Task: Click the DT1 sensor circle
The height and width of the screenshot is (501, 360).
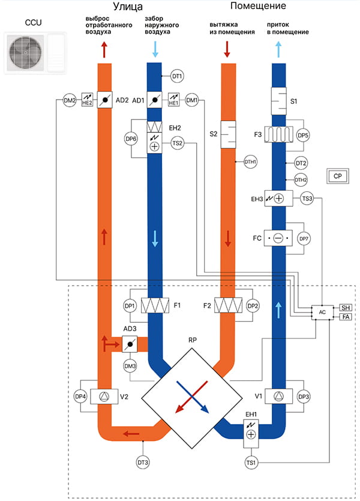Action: (x=177, y=76)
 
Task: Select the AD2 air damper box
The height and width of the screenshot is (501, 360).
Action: (x=104, y=100)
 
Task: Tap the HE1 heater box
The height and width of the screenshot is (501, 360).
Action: (x=173, y=100)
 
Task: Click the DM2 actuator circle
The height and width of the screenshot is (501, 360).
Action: (x=70, y=100)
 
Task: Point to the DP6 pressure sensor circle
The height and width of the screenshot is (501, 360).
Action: (x=131, y=139)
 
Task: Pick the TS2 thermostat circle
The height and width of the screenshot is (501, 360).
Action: (x=177, y=143)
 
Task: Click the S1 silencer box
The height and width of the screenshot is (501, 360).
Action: (x=279, y=101)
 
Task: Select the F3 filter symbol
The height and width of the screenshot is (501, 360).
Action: (x=279, y=135)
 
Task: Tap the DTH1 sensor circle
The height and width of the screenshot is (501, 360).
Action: (x=250, y=161)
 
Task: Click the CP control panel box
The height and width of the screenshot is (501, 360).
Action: (x=338, y=176)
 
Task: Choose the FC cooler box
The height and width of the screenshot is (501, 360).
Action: (x=278, y=238)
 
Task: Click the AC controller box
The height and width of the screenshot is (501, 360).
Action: (x=322, y=312)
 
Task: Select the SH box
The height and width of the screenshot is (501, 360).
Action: (x=346, y=308)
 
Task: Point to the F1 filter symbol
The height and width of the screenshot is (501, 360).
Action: (x=155, y=305)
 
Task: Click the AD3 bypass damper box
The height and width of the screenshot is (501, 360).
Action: (x=130, y=344)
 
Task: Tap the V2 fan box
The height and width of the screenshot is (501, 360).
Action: (x=104, y=397)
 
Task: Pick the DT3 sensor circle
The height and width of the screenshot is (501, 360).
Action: (x=143, y=463)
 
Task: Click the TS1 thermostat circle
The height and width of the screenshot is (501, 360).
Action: (x=251, y=463)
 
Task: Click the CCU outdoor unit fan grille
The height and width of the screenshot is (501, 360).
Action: (x=26, y=53)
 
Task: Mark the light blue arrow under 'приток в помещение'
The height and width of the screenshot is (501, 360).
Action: (x=278, y=49)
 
